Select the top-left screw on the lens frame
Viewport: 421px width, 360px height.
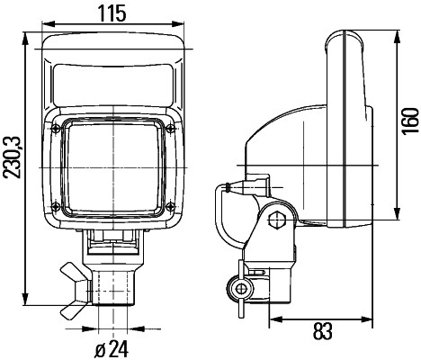(58, 130)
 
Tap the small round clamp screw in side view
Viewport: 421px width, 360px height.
(239, 288)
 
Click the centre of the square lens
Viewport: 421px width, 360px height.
(113, 171)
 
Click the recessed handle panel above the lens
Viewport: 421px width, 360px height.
(112, 87)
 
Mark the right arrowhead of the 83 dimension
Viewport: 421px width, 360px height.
(371, 317)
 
